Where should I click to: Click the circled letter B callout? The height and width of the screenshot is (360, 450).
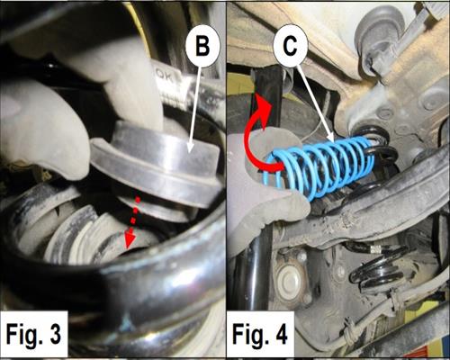coord(202,48)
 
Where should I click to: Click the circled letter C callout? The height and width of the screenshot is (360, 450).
coord(291,46)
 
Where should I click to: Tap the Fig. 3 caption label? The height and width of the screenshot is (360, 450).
coord(33,334)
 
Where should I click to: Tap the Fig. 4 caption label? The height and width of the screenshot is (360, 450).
coord(260,334)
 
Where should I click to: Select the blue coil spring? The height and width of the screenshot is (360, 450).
coord(318,167)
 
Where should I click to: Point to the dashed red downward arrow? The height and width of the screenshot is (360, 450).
coord(131,223)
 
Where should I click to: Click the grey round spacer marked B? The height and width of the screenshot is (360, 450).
coord(156,168)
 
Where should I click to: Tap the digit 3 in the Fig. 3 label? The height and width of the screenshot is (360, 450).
coord(55,334)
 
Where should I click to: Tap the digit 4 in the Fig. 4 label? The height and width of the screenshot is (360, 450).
coord(280,334)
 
